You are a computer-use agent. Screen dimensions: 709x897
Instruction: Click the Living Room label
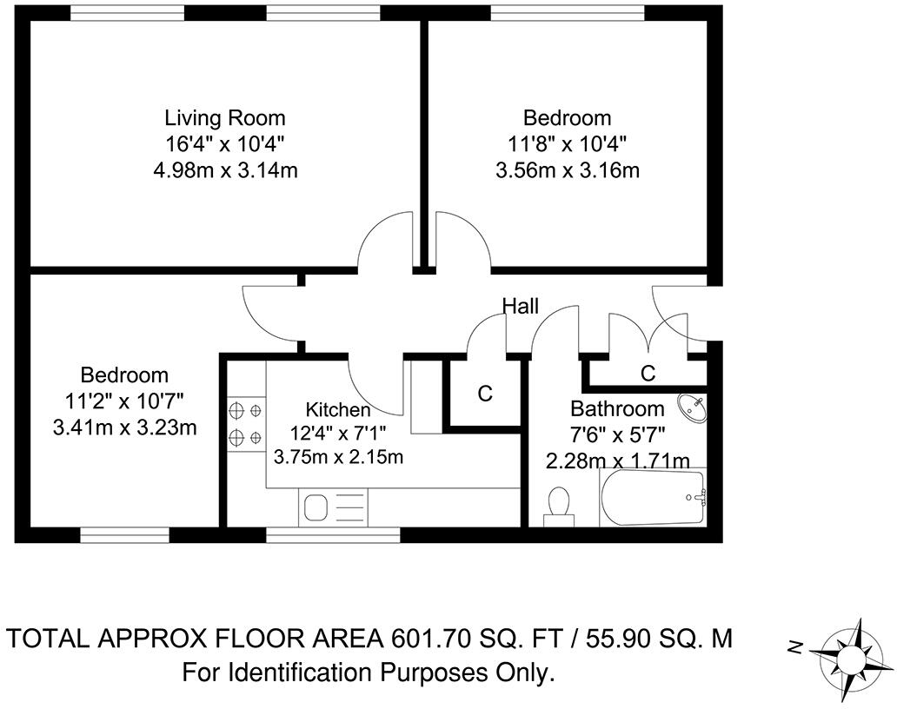225,117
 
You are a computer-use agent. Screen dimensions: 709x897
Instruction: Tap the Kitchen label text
338,409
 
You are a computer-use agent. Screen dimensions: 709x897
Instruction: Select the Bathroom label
616,408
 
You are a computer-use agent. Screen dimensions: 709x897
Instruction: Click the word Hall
521,306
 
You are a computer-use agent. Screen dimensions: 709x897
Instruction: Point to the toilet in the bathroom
559,505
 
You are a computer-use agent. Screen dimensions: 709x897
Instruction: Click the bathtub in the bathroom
653,498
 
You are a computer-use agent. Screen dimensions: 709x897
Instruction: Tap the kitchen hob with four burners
246,421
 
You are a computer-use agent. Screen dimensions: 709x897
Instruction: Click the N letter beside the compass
794,646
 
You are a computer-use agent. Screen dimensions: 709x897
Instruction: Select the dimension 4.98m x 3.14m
225,170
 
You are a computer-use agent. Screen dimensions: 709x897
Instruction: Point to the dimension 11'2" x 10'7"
124,401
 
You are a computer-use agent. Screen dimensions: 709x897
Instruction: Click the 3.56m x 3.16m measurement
567,170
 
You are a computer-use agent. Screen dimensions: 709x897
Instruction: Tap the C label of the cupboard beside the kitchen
485,394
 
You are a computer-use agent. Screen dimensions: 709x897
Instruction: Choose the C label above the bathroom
648,374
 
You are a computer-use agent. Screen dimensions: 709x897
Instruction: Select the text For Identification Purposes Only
368,673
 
